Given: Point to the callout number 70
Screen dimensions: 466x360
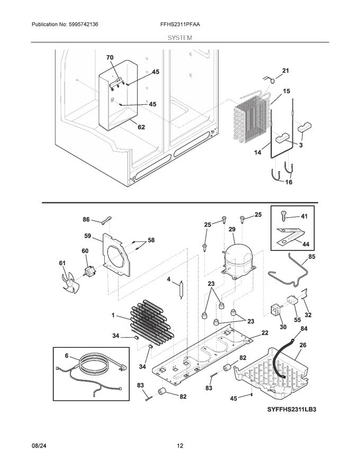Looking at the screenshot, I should coord(110,57).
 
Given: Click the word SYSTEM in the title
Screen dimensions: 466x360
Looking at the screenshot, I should coord(179,38).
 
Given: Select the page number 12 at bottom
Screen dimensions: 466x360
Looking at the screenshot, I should coord(179,446).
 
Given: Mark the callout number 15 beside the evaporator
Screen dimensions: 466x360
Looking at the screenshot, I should coord(286,91).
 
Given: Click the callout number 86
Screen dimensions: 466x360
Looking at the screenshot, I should coord(86,219).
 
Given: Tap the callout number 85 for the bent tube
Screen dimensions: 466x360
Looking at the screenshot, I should coord(311,257).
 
